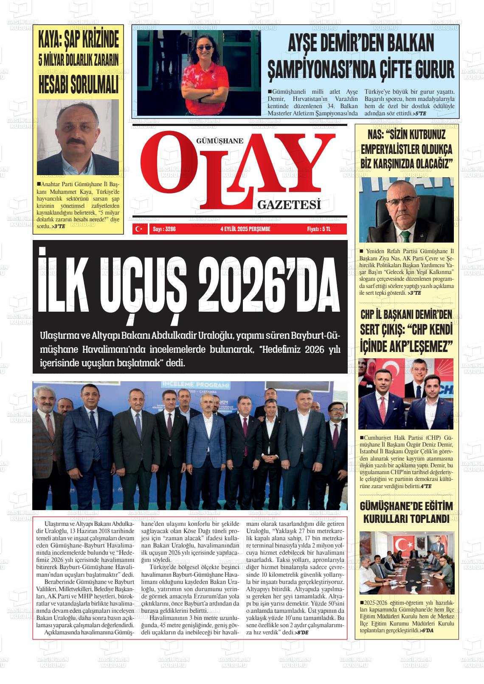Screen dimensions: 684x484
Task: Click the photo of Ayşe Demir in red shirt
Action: tap(199, 73)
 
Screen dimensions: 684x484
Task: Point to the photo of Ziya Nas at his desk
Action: tap(406, 209)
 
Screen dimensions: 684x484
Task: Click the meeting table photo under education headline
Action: tap(406, 562)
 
